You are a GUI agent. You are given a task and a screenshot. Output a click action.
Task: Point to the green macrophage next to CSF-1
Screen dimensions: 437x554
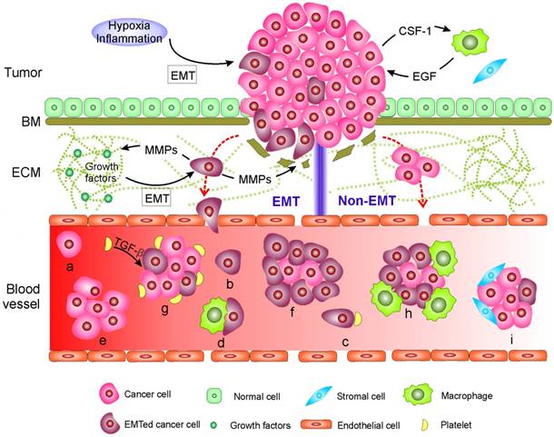[469, 43]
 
